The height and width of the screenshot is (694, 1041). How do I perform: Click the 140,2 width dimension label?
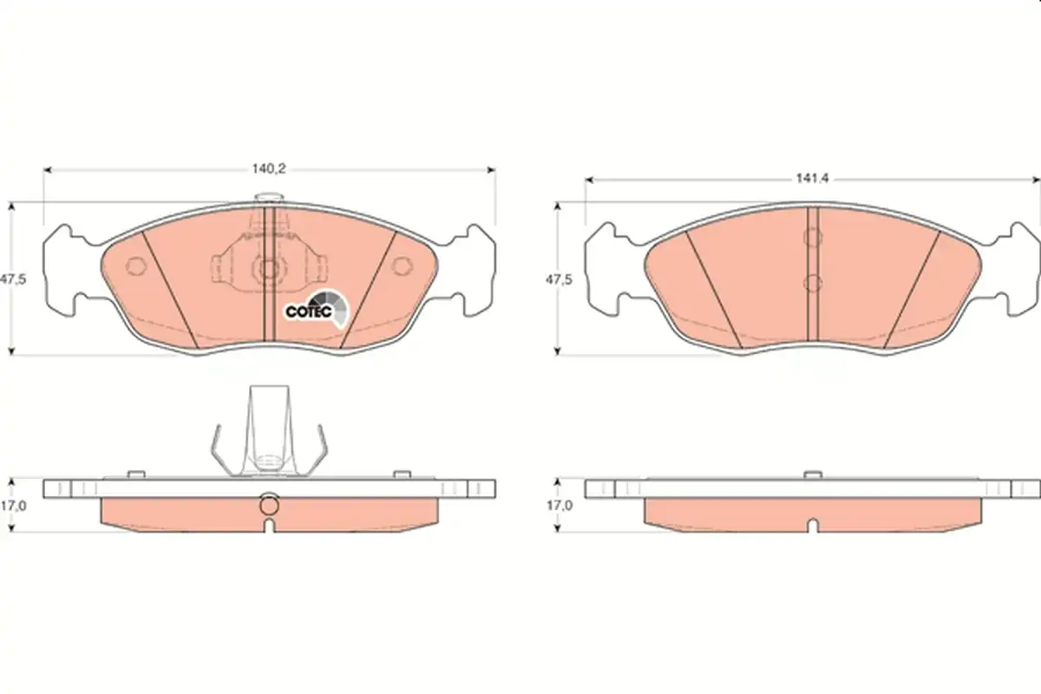(x=269, y=169)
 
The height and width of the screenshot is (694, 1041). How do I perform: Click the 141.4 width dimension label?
(x=812, y=179)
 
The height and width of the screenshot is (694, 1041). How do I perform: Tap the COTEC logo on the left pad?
(x=317, y=309)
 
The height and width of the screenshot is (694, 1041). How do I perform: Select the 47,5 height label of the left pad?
(x=13, y=279)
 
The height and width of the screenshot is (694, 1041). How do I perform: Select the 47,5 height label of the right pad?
(x=559, y=280)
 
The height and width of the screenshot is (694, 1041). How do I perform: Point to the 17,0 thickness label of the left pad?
(x=14, y=505)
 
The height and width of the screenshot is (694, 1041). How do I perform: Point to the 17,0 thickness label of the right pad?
(x=559, y=505)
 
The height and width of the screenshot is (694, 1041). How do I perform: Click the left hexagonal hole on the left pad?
(x=136, y=266)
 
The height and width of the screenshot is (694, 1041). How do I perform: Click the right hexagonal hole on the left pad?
(x=402, y=265)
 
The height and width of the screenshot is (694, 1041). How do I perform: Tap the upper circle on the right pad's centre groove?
(x=812, y=237)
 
